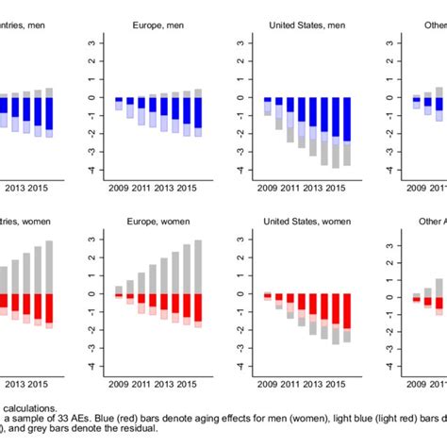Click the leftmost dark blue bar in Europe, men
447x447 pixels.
[119, 99]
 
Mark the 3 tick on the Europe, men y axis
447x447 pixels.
[91, 42]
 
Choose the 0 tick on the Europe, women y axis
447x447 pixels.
[91, 293]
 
